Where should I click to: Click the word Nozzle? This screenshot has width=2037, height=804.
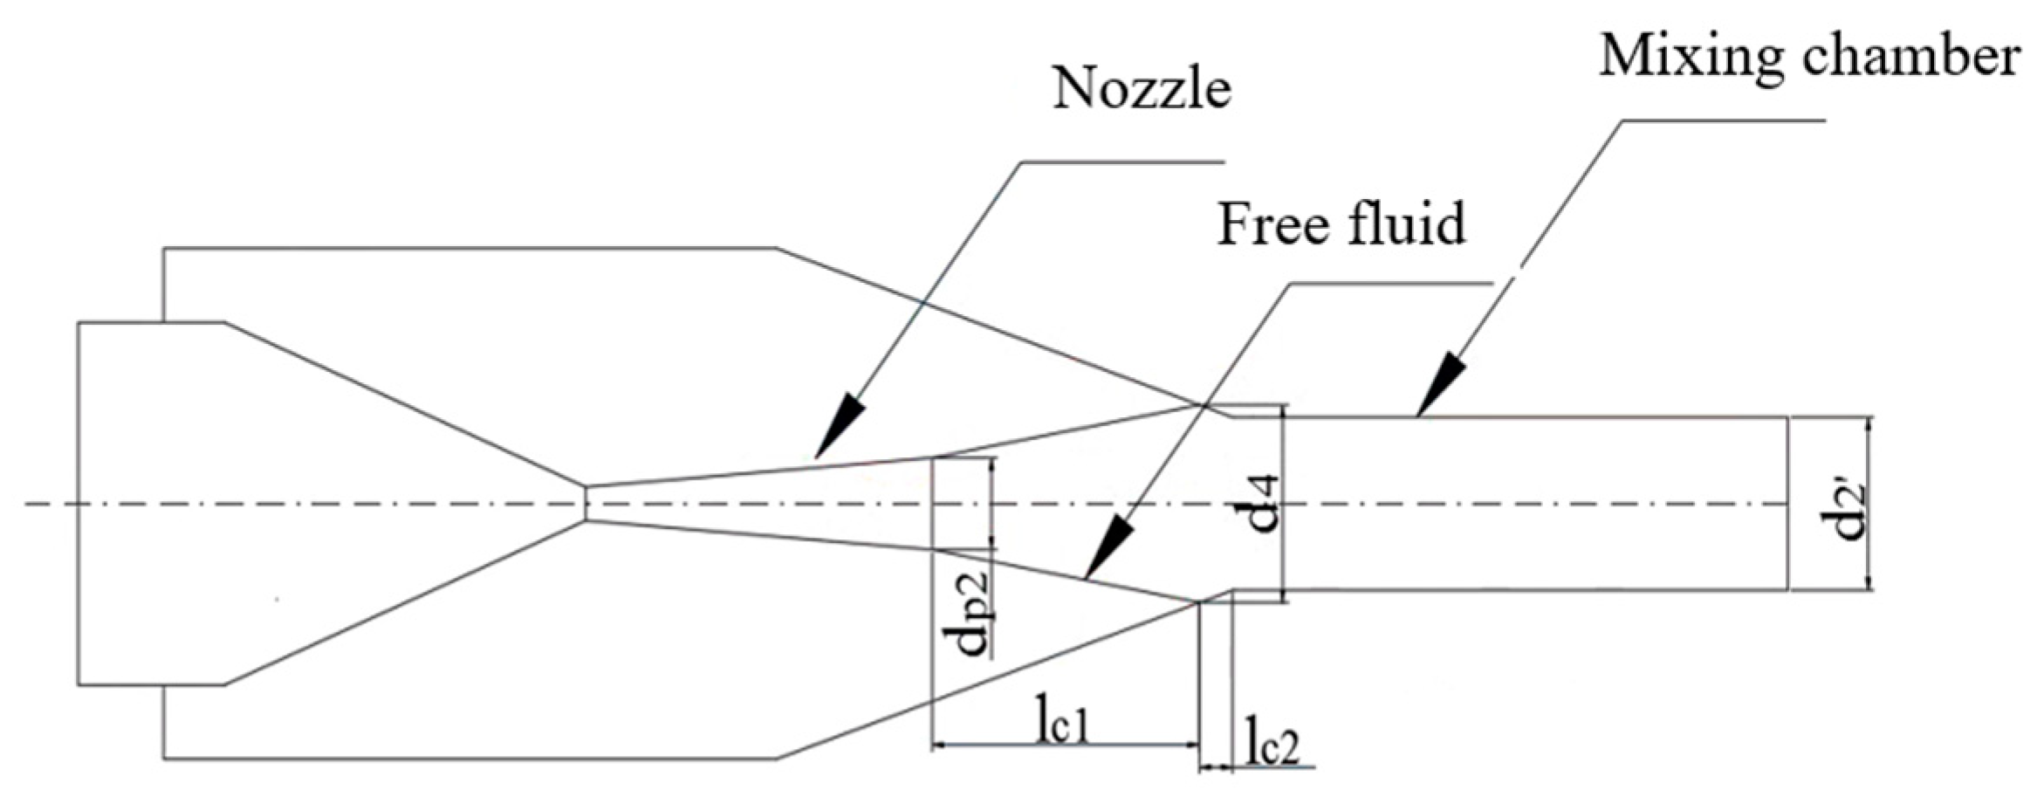click(x=1141, y=89)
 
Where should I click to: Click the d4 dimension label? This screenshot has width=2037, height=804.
click(x=1261, y=504)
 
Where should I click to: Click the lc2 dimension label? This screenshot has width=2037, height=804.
click(x=1272, y=748)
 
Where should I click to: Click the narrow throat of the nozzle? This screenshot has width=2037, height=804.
click(x=586, y=503)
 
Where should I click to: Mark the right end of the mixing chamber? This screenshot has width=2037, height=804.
click(x=1787, y=504)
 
